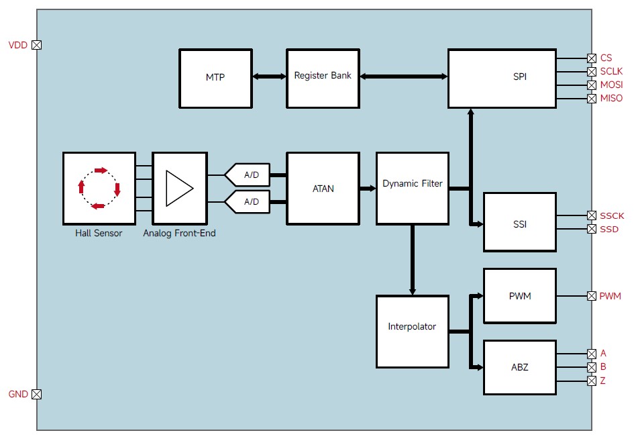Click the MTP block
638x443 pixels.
pyautogui.click(x=215, y=77)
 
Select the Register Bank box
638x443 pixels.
pyautogui.click(x=323, y=77)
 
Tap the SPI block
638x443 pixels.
pyautogui.click(x=502, y=77)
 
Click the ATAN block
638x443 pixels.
pyautogui.click(x=323, y=188)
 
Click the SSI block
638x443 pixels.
pyautogui.click(x=519, y=222)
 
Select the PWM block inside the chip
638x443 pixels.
pyautogui.click(x=519, y=296)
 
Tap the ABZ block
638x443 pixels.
pyautogui.click(x=519, y=367)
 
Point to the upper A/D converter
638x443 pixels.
pyautogui.click(x=250, y=175)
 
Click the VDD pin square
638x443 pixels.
pyautogui.click(x=37, y=45)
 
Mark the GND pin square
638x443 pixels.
pyautogui.click(x=37, y=395)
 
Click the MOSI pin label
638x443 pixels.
pyautogui.click(x=611, y=85)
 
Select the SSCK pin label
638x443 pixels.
pyautogui.click(x=612, y=215)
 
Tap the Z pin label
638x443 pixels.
pyautogui.click(x=603, y=381)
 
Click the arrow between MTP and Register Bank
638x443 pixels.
pyautogui.click(x=268, y=77)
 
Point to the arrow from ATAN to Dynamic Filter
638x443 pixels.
pyautogui.click(x=367, y=189)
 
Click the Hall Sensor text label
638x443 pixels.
pyautogui.click(x=99, y=234)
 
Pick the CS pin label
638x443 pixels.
pyautogui.click(x=606, y=58)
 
